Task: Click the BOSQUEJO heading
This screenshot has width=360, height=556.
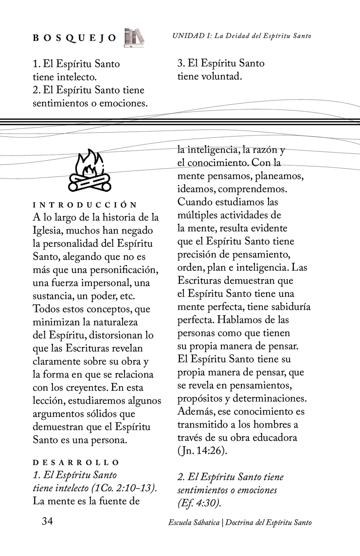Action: tap(74, 38)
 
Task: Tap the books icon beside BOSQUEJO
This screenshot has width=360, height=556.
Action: tap(134, 38)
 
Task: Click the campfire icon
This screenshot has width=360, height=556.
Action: tap(90, 170)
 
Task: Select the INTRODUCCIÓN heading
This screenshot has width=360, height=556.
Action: tap(85, 205)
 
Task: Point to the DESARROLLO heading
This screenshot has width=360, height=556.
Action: tap(76, 463)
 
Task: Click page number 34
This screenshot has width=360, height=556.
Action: tap(47, 521)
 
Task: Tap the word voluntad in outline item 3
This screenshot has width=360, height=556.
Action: tap(222, 76)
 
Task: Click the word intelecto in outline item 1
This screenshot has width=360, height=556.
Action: tap(76, 77)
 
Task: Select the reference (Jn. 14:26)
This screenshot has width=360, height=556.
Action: tap(202, 451)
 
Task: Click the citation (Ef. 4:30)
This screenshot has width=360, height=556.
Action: tap(199, 503)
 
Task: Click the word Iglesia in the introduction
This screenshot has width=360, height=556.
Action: tap(46, 231)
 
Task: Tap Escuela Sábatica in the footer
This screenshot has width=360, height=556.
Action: tap(194, 523)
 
